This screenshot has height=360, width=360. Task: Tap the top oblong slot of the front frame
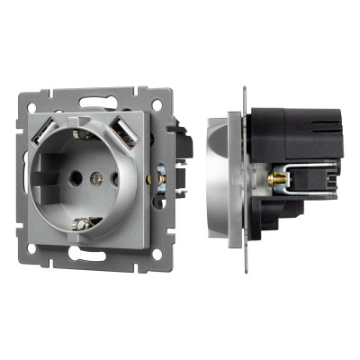[96, 100]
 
